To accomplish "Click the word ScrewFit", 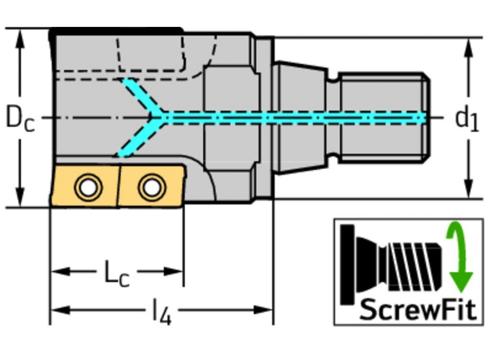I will tap(418, 309).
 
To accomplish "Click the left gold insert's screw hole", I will tap(88, 187).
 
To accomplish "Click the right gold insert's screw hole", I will tap(152, 186).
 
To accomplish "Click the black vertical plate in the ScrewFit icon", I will tap(348, 264).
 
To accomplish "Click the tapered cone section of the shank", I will tap(299, 117).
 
